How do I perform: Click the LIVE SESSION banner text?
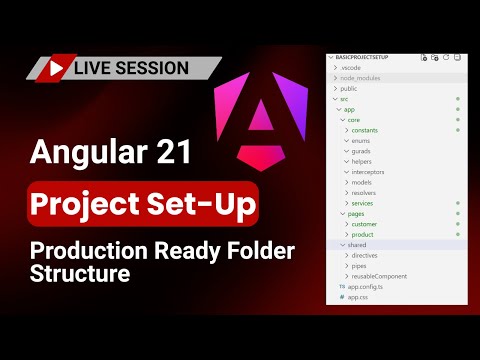[130, 68]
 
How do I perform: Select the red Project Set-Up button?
[140, 203]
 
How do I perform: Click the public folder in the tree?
[350, 88]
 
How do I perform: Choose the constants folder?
[366, 130]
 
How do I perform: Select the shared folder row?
[355, 245]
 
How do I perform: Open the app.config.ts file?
[362, 287]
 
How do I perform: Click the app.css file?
[356, 297]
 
